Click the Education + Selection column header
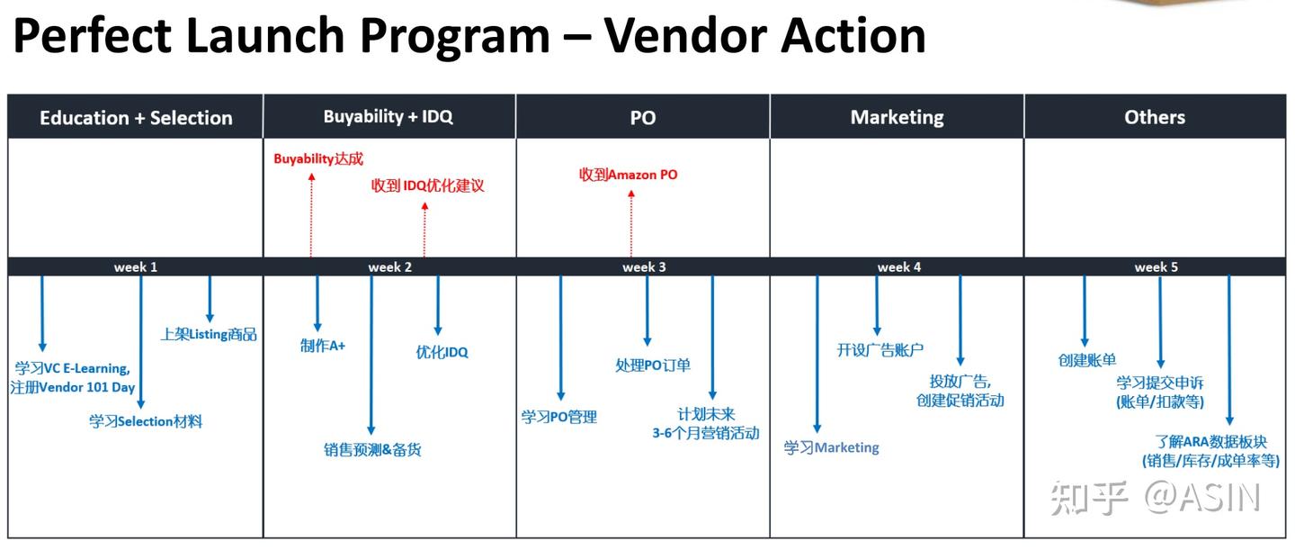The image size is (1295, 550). [136, 118]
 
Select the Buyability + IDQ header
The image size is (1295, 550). [388, 117]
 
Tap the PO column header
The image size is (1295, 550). [643, 118]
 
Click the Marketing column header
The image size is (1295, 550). [897, 117]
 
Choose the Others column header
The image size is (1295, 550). [1155, 117]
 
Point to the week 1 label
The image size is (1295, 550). [136, 267]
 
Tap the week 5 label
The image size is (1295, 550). [1156, 267]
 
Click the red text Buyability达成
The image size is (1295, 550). [318, 159]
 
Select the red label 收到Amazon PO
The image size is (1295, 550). [628, 175]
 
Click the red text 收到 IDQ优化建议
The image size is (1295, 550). [428, 186]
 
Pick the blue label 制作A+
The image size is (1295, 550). [323, 346]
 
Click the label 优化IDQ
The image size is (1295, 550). [442, 352]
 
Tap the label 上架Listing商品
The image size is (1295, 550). [209, 335]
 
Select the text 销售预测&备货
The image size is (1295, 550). [372, 450]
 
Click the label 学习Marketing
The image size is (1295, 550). [831, 447]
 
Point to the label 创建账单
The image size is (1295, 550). [1087, 360]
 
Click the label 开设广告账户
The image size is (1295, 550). [880, 350]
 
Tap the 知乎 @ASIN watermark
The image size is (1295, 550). [1156, 498]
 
